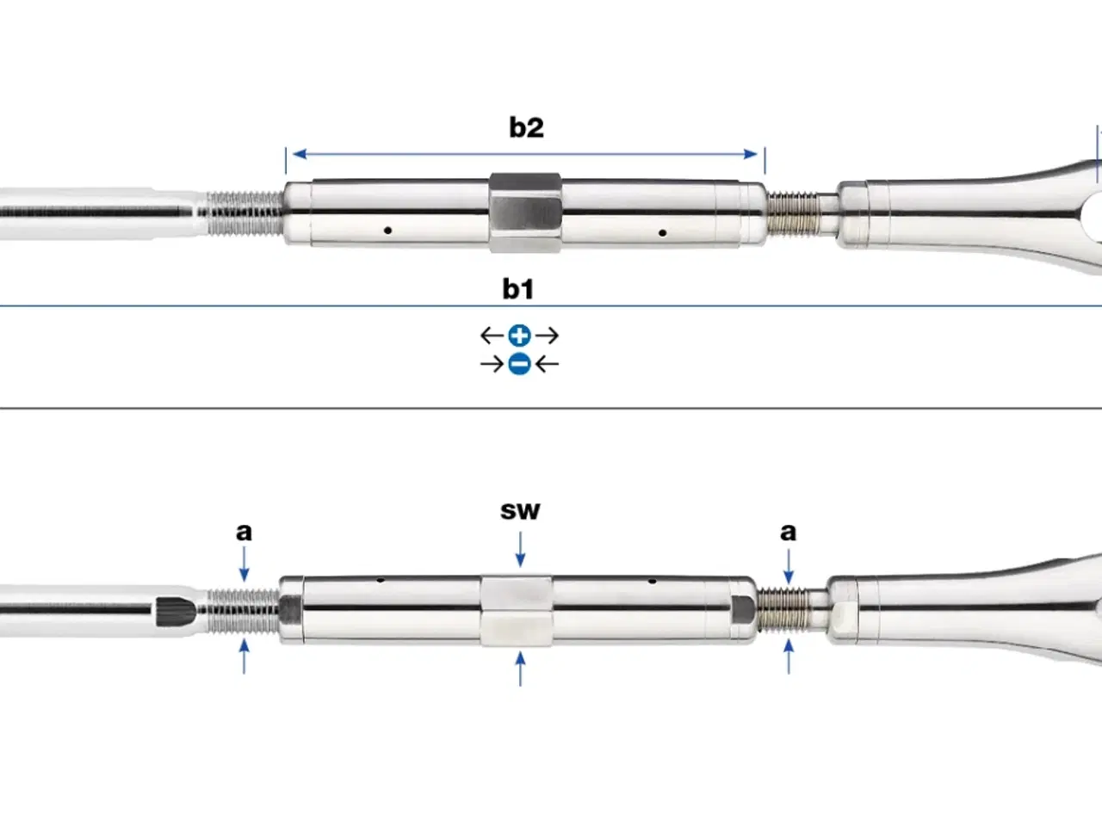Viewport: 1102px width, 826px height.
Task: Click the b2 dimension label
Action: [526, 127]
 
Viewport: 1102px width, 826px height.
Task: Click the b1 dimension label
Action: [518, 288]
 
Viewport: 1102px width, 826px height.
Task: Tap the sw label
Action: [520, 510]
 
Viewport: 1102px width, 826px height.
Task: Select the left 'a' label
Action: [245, 532]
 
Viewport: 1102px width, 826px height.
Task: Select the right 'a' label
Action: [788, 532]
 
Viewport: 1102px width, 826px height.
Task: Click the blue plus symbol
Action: [519, 336]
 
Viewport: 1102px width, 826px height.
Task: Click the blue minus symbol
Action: [519, 364]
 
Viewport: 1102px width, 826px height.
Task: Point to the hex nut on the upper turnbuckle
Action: [525, 212]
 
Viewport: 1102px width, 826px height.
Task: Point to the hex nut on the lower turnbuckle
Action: [517, 610]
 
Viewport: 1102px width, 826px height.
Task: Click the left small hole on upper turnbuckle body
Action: [388, 231]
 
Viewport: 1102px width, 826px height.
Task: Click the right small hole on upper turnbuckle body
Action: [661, 232]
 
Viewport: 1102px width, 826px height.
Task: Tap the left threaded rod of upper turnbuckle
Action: [245, 214]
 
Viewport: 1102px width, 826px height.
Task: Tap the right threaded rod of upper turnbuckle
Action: [791, 214]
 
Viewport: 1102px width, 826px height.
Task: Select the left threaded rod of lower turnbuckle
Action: [244, 609]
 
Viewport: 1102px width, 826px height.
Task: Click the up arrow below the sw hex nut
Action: [520, 668]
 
